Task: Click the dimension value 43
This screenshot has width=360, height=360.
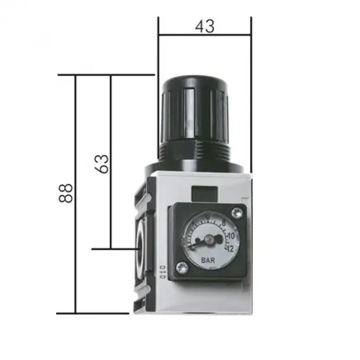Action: tap(204, 27)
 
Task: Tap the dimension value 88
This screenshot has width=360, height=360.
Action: tap(66, 193)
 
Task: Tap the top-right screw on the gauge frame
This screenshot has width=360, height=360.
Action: tap(237, 211)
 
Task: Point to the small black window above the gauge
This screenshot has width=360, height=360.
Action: tap(203, 193)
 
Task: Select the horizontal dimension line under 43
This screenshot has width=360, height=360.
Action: tap(204, 35)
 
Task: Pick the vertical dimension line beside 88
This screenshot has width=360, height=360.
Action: tap(76, 193)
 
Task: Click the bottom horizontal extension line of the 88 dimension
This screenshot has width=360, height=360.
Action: tap(92, 313)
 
